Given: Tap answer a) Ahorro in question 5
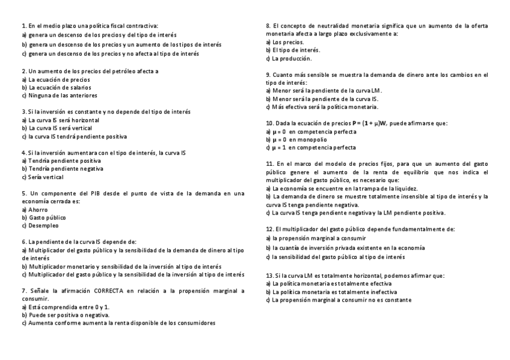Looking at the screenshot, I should coord(35,209).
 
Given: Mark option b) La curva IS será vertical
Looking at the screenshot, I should coord(57,128).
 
